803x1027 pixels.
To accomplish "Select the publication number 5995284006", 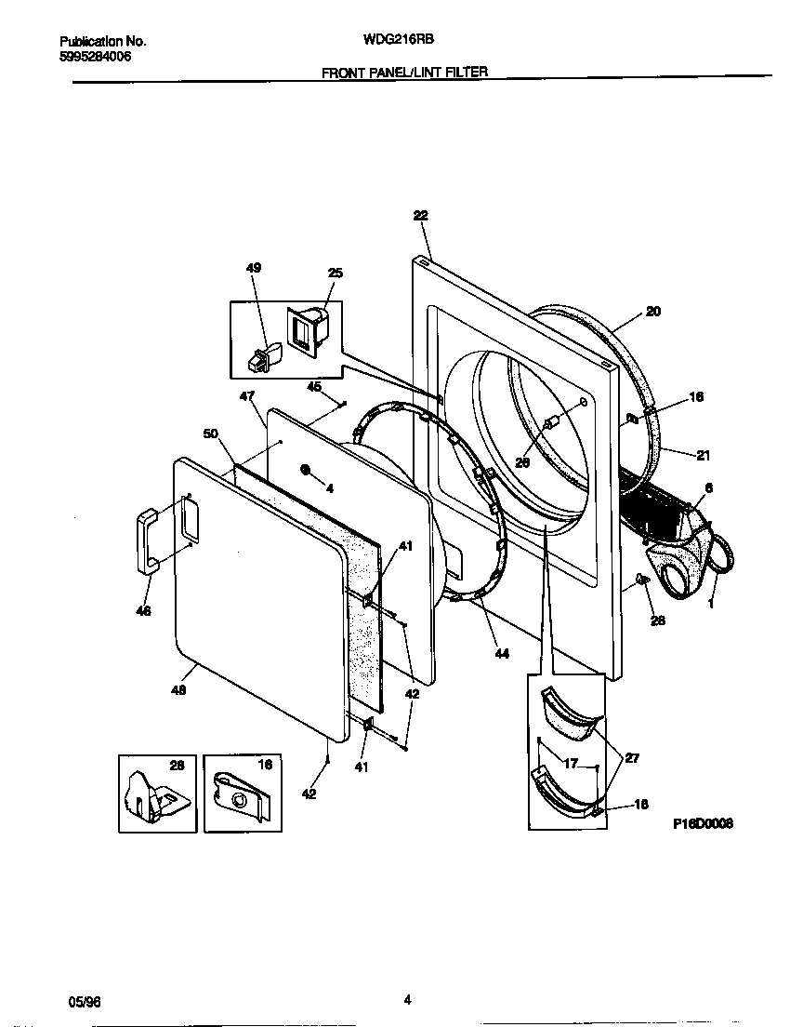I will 96,57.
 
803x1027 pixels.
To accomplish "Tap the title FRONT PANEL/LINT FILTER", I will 404,72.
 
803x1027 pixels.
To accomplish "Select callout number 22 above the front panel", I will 420,215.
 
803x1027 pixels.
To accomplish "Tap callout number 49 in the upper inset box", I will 253,268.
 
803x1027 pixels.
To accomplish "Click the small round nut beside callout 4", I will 306,470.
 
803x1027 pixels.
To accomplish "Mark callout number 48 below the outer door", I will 178,690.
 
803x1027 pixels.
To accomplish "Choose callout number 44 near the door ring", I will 501,654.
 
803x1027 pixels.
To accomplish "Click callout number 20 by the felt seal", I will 652,312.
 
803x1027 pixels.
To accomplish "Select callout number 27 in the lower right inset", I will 631,758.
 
